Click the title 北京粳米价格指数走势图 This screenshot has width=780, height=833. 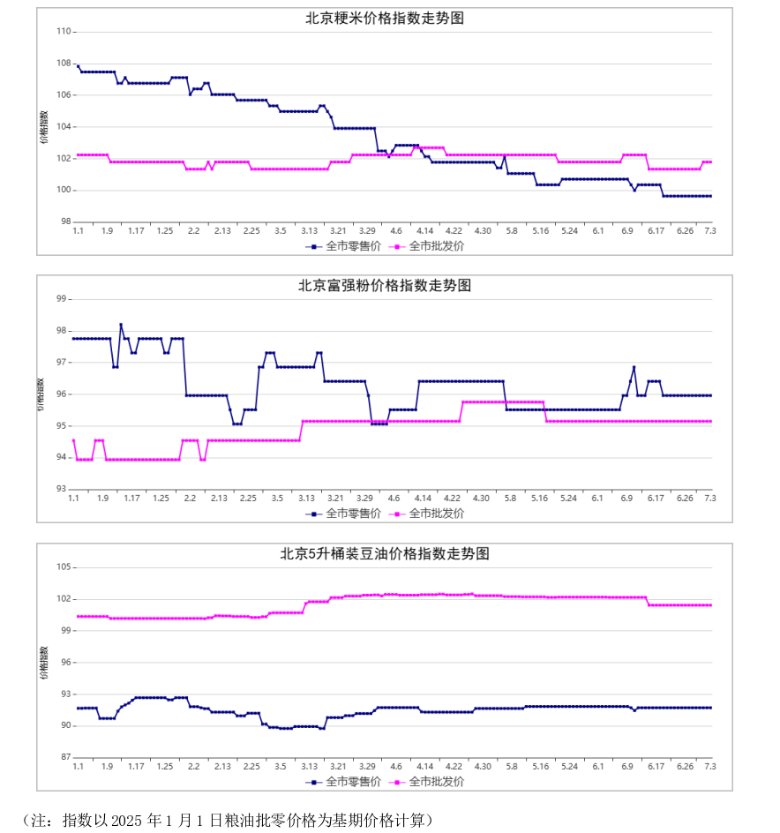click(385, 18)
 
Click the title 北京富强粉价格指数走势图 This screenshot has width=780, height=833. click(385, 286)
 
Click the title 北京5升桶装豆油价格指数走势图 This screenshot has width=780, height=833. click(385, 553)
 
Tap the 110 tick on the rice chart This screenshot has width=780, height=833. click(64, 32)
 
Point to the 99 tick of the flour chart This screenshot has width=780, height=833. click(62, 299)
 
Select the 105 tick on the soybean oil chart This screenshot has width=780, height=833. click(64, 567)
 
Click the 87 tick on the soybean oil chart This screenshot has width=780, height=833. click(66, 757)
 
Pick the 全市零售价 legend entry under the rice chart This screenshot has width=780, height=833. click(343, 246)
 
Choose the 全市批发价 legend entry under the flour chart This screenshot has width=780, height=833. click(427, 514)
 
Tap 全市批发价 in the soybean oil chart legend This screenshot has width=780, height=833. click(427, 782)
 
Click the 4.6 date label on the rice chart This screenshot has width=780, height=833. click(396, 231)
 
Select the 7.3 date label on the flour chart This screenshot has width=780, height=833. click(710, 499)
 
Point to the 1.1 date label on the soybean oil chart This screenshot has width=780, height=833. click(79, 767)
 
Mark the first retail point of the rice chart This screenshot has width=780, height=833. click(79, 66)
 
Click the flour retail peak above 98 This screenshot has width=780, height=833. click(121, 325)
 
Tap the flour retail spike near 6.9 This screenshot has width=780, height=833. click(634, 367)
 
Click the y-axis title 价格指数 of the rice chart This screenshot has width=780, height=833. click(44, 127)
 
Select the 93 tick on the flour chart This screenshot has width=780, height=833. click(62, 489)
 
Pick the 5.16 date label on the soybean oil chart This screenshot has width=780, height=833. click(540, 767)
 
